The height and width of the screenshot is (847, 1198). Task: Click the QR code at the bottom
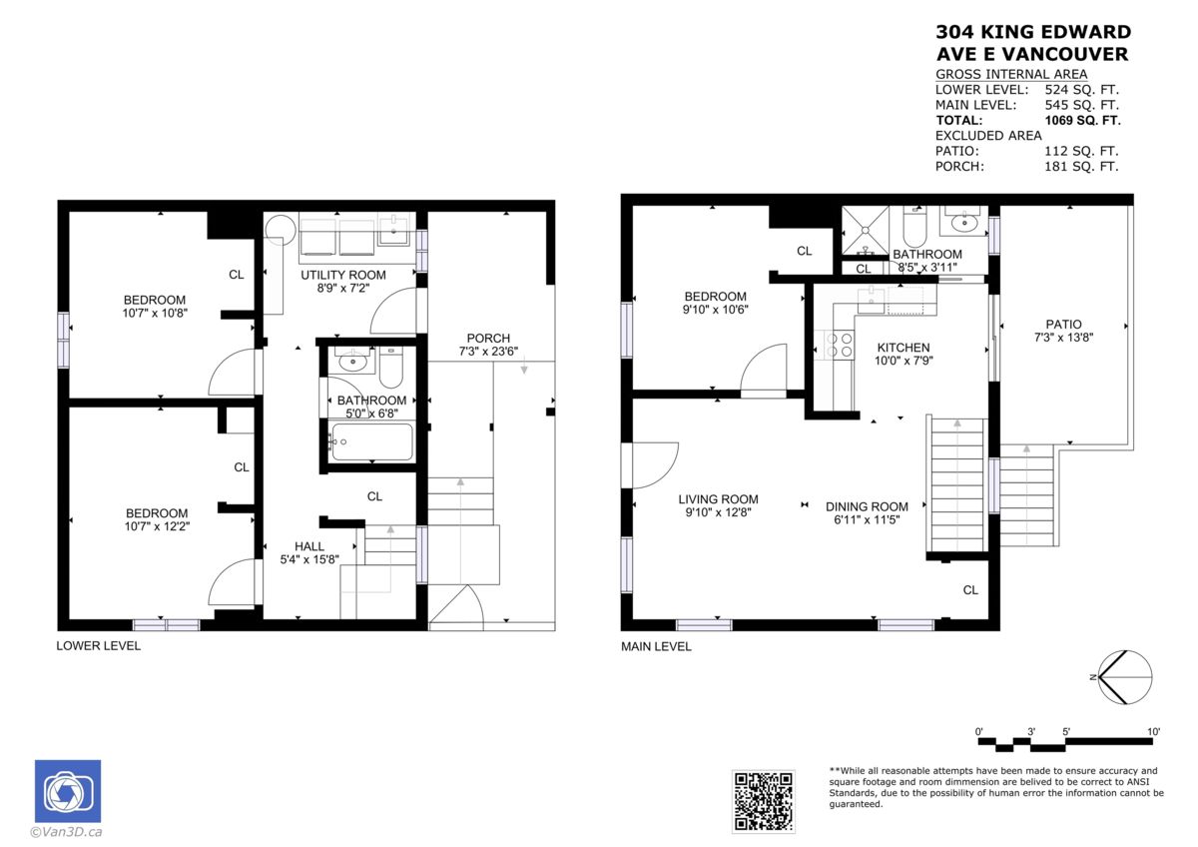pyautogui.click(x=764, y=801)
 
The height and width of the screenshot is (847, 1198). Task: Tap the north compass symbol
pyautogui.click(x=1125, y=675)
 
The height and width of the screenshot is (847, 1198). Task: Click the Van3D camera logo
pyautogui.click(x=68, y=792)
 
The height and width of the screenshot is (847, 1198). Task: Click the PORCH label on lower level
pyautogui.click(x=488, y=338)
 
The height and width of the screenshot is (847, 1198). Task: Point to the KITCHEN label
pyautogui.click(x=902, y=348)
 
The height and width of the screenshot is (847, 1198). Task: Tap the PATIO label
pyautogui.click(x=1064, y=324)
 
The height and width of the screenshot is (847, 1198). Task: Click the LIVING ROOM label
pyautogui.click(x=718, y=499)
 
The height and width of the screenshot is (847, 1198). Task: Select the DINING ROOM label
pyautogui.click(x=867, y=506)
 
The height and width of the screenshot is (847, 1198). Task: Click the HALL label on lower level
pyautogui.click(x=309, y=546)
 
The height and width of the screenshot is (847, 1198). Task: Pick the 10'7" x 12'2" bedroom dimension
pyautogui.click(x=157, y=526)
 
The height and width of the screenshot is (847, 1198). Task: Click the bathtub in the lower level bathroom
pyautogui.click(x=370, y=440)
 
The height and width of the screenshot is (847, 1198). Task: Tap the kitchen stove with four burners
pyautogui.click(x=840, y=345)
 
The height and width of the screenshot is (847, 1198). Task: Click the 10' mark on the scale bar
pyautogui.click(x=1153, y=732)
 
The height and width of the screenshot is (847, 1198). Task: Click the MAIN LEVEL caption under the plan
pyautogui.click(x=656, y=646)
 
